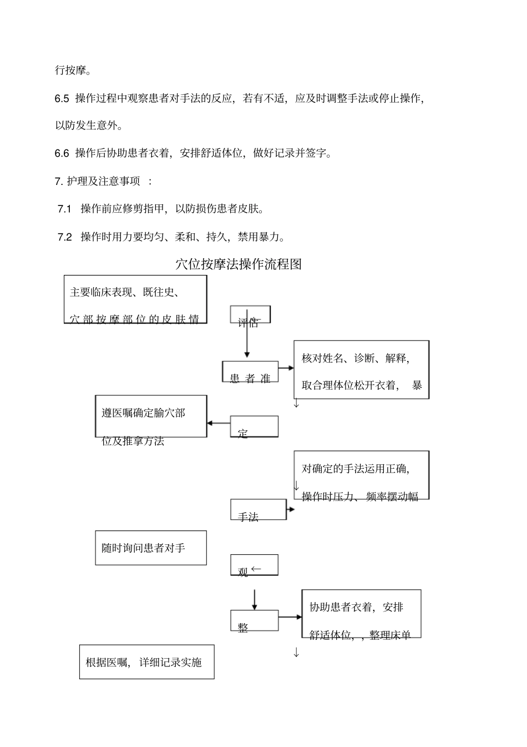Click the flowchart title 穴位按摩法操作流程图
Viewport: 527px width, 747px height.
239,264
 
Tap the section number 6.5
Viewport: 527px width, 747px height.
62,99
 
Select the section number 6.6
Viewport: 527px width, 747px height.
62,153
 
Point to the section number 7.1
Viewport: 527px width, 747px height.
65,209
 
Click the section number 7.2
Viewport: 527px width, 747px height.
65,237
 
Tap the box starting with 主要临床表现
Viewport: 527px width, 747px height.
135,299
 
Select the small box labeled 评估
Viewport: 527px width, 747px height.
250,315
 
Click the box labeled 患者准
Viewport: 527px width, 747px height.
250,372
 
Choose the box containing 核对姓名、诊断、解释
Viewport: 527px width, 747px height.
361,370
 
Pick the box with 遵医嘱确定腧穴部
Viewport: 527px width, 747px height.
151,417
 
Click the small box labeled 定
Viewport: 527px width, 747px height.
254,427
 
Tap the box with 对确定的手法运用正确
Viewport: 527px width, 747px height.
361,475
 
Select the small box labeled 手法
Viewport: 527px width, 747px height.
258,510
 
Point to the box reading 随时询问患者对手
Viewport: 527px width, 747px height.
151,548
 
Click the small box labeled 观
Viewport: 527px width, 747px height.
254,565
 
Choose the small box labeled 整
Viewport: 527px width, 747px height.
254,620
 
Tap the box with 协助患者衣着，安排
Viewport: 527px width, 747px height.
361,614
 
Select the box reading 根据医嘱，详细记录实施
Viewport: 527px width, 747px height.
146,662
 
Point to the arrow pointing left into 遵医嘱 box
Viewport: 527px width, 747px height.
218,423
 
